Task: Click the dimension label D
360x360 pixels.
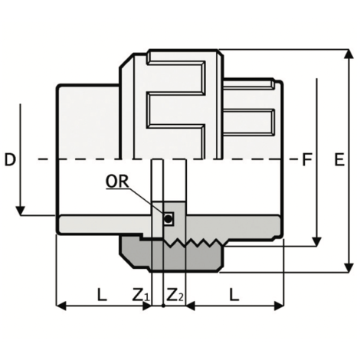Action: pos(10,160)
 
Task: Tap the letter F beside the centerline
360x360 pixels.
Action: pos(308,160)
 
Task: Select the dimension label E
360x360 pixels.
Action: pos(339,160)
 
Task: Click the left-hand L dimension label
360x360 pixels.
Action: pos(100,293)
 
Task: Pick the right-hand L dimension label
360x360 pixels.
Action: pos(234,293)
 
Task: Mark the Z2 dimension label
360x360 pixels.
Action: pos(175,294)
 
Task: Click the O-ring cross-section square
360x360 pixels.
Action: pos(169,220)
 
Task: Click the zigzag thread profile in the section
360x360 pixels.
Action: pos(195,244)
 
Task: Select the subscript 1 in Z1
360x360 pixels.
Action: pos(147,297)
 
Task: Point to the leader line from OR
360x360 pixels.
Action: pos(149,200)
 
